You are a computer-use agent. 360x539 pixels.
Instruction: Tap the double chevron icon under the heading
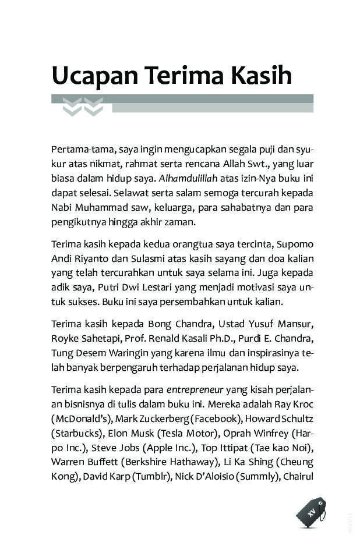coord(83,107)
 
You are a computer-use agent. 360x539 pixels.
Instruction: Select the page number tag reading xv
coord(311,512)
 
